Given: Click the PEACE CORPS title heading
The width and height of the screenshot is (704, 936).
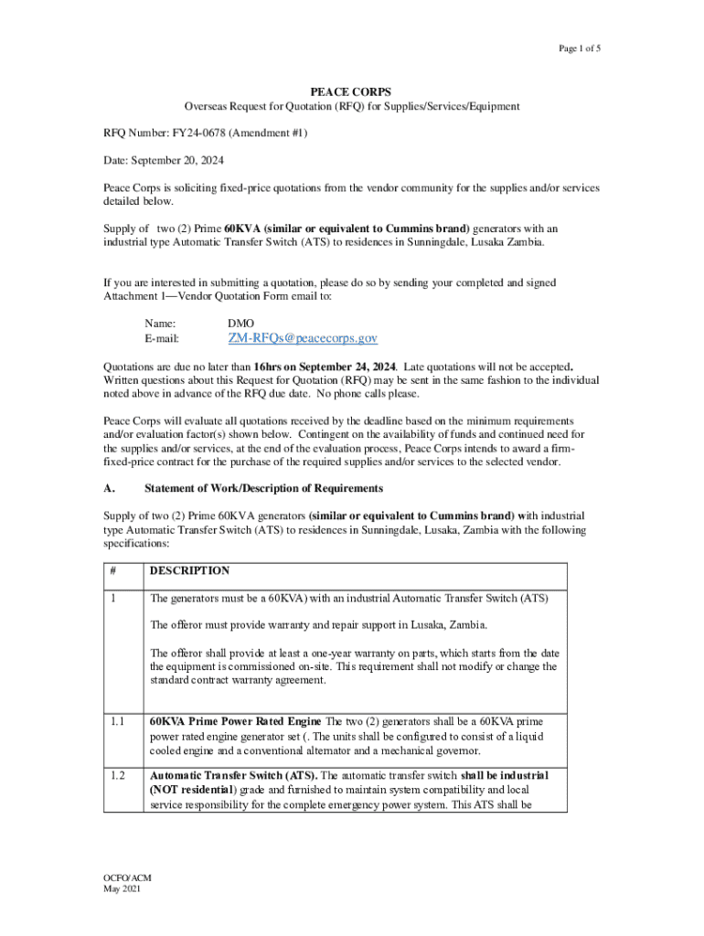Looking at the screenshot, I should coord(351,92).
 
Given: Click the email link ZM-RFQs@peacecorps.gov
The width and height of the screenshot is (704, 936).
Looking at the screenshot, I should coord(303,338).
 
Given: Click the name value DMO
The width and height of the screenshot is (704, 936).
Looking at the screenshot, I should coord(241,322).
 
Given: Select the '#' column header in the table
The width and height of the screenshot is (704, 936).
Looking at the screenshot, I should coord(113,570).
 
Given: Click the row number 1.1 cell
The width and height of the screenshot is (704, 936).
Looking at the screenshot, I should coord(117,719).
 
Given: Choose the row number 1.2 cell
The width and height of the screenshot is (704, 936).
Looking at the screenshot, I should coord(117,775).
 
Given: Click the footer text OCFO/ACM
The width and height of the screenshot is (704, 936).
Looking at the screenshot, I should coord(126,878).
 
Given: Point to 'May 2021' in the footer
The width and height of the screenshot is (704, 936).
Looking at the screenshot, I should coord(122,890).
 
